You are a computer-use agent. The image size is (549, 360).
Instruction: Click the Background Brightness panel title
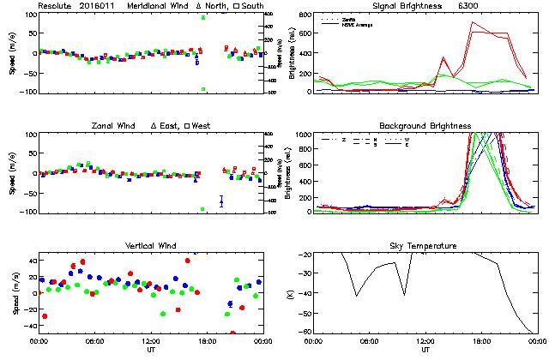[x=425, y=126]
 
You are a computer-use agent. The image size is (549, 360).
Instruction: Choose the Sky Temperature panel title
[x=425, y=246]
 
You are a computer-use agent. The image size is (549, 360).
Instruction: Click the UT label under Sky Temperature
[x=425, y=350]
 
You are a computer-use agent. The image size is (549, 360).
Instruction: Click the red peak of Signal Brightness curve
[x=473, y=23]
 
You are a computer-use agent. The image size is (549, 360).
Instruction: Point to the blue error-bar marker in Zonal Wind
[x=221, y=201]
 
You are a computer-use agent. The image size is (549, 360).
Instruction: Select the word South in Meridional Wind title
[x=253, y=6]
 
